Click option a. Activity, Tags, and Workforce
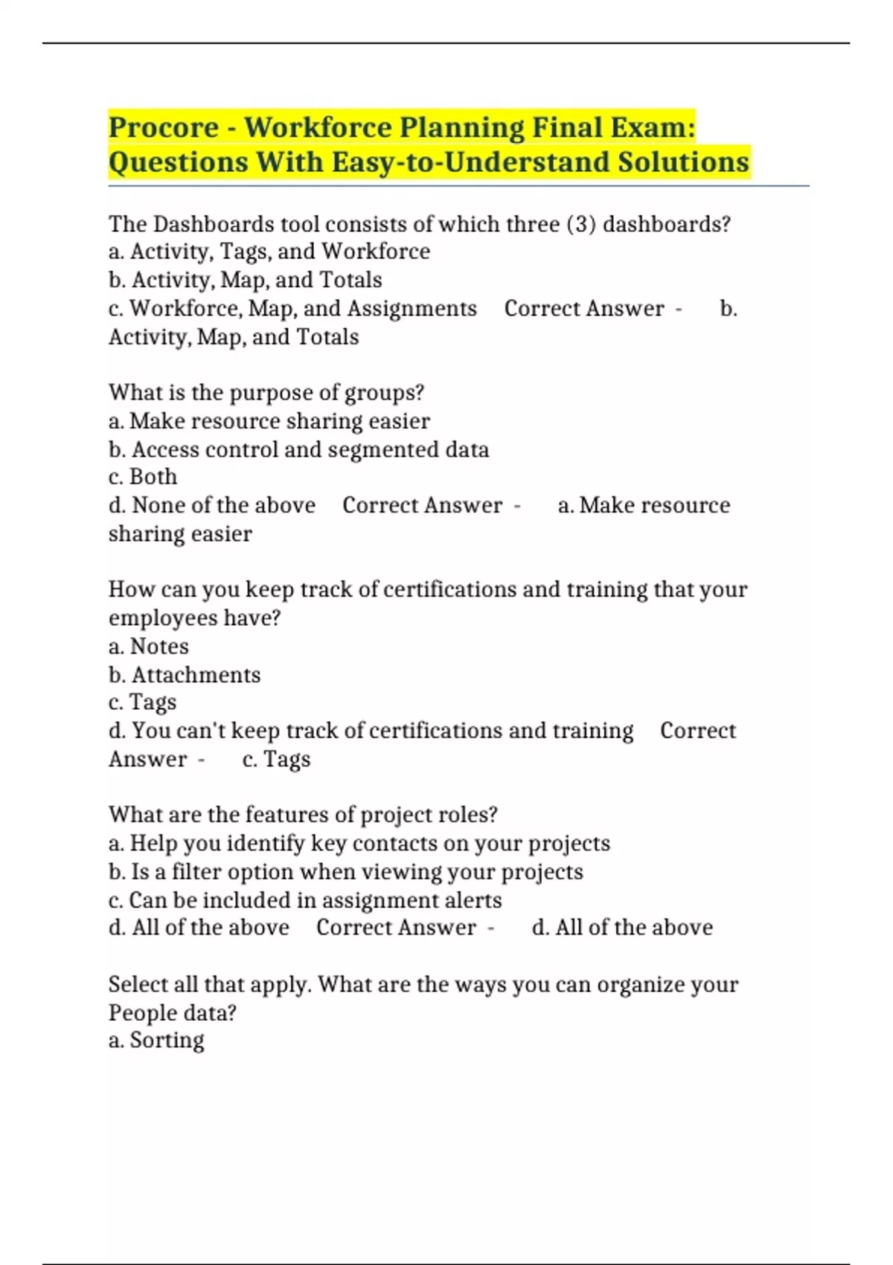click(269, 252)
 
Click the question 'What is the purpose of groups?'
click(266, 392)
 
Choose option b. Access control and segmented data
click(298, 449)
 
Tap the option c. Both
click(143, 477)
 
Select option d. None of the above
click(212, 505)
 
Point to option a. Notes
click(149, 646)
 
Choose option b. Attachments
click(185, 675)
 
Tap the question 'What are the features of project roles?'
click(303, 815)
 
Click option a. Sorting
click(156, 1040)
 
